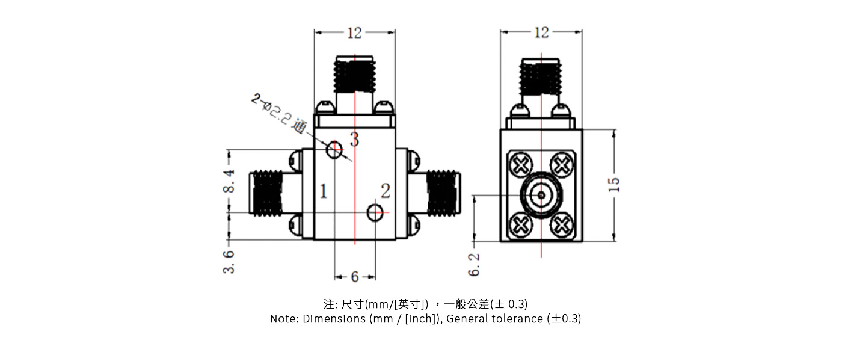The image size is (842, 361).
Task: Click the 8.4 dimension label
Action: click(229, 181)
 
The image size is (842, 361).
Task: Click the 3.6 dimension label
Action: click(229, 262)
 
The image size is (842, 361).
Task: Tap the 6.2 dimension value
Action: click(475, 264)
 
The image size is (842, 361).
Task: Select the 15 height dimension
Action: click(613, 184)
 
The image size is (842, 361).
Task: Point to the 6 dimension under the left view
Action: click(355, 277)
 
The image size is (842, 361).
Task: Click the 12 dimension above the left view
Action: click(355, 33)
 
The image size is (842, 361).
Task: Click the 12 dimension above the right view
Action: click(541, 32)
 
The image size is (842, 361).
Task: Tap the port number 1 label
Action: click(324, 192)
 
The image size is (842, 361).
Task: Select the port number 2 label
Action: click(386, 191)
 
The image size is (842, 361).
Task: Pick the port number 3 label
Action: click(354, 140)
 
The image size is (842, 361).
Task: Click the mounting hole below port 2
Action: click(375, 212)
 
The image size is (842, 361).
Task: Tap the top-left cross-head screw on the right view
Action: click(520, 163)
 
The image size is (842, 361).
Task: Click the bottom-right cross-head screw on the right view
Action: click(562, 225)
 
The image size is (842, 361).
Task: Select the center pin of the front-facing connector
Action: click(541, 195)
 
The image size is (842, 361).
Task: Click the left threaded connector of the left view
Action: click(268, 193)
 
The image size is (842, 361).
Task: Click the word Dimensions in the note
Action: click(334, 319)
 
